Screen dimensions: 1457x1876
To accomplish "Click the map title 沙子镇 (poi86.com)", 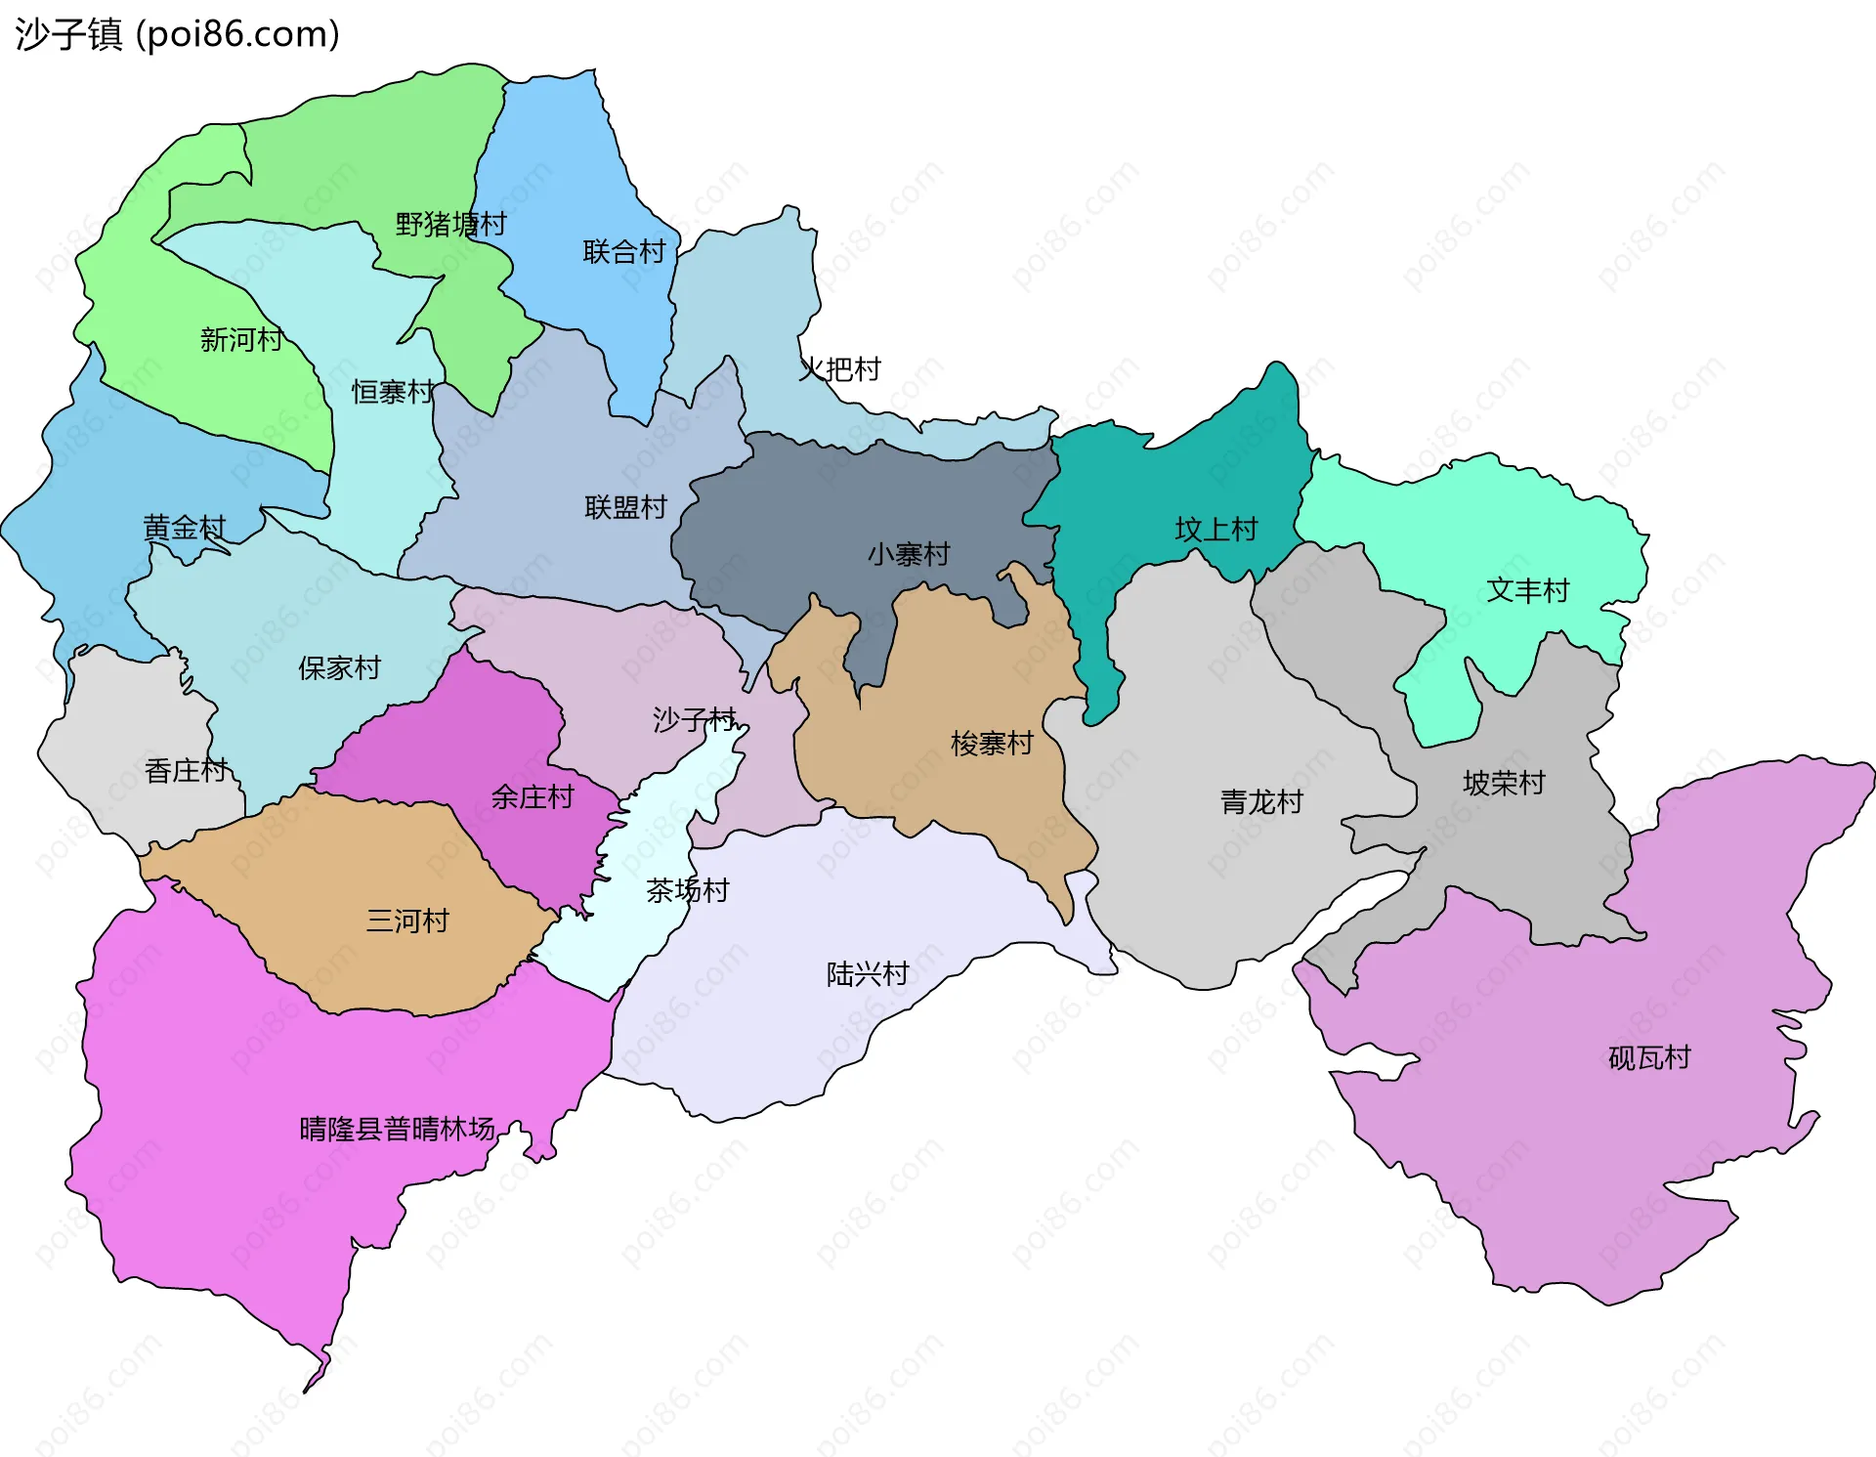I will click(177, 34).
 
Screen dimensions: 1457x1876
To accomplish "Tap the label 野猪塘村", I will click(450, 225).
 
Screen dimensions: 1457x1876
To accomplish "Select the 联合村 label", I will click(623, 252).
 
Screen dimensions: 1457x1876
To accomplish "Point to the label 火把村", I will click(839, 369).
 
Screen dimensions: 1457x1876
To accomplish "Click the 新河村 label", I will click(241, 340).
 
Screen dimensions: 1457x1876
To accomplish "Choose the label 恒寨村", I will click(393, 393).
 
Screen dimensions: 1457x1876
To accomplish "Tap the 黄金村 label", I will click(185, 529).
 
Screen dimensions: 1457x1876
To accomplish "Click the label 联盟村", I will click(625, 508).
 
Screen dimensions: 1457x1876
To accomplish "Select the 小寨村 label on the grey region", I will click(909, 555).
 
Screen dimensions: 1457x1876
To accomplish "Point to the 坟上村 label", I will click(1215, 530).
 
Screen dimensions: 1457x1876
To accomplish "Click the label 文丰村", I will click(1527, 590).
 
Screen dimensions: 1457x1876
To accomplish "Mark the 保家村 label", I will click(339, 668).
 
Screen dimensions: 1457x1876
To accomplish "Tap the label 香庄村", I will click(186, 771).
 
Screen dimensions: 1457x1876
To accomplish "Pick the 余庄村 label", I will click(532, 797).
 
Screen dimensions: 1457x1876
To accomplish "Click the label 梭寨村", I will click(992, 744).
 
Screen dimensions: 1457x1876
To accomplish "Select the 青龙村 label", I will click(1261, 802).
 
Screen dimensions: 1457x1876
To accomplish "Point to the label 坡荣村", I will click(1504, 783).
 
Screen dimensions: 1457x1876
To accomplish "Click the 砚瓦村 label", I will click(1649, 1058).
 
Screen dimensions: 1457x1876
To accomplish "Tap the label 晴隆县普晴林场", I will click(397, 1130).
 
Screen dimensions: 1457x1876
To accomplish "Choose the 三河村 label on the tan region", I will click(407, 921).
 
